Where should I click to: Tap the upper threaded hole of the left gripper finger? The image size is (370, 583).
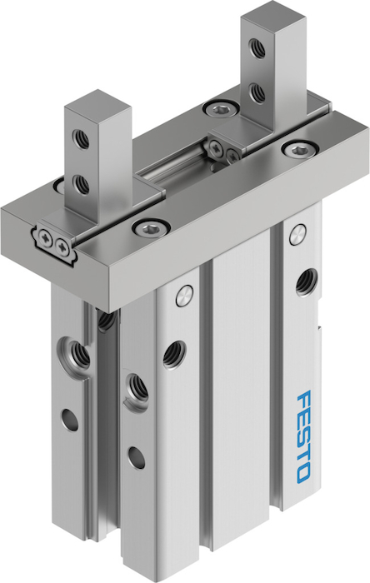(x=81, y=139)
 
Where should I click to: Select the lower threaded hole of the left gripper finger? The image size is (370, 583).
(x=81, y=184)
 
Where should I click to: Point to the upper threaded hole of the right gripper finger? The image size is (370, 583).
(x=257, y=48)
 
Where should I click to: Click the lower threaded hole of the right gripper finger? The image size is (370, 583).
(x=257, y=93)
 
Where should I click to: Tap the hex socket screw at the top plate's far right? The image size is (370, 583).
(x=298, y=149)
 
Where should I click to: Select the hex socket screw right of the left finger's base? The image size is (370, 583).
(x=152, y=228)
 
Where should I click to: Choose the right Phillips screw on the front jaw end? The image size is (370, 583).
(x=61, y=246)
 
